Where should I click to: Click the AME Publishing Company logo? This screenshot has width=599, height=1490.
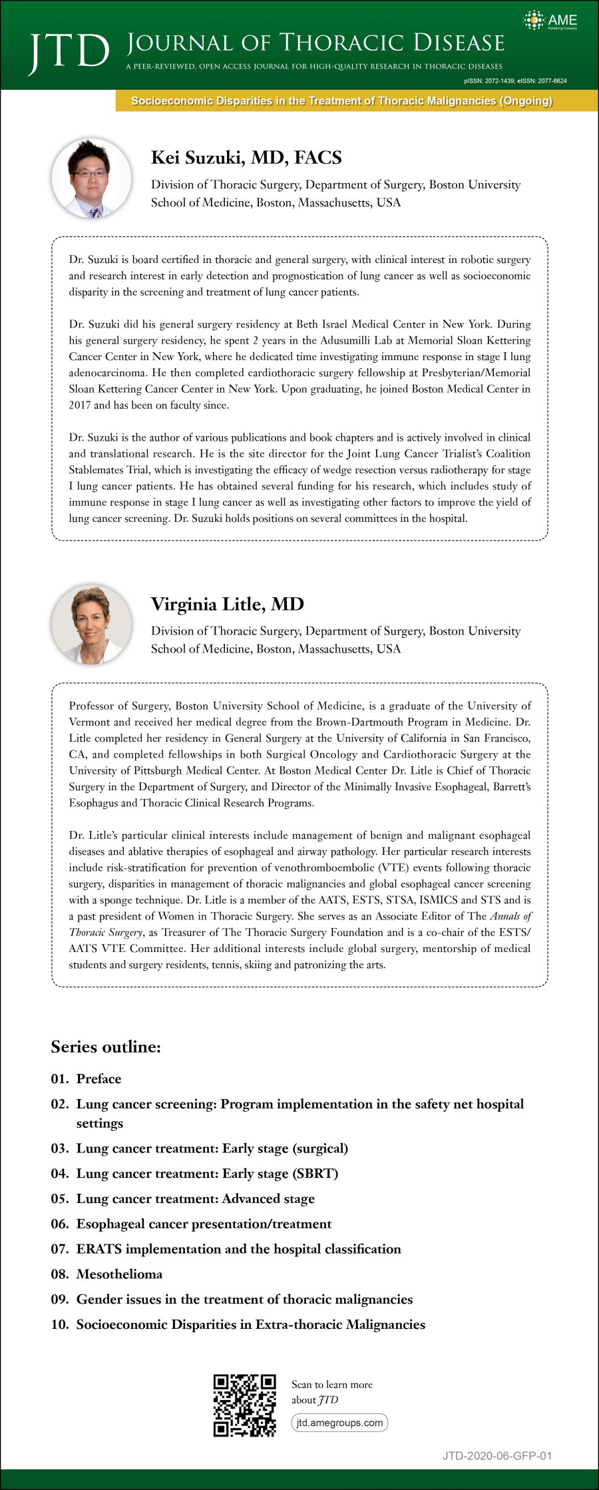point(550,21)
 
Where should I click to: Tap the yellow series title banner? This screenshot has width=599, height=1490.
point(341,101)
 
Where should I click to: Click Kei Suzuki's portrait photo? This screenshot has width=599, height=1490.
point(92,178)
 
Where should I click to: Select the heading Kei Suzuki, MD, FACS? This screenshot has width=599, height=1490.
point(246,158)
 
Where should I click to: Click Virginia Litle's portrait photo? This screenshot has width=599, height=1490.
point(92,624)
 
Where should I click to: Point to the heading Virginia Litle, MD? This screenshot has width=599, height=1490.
point(227,604)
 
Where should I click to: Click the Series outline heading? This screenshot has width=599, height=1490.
point(106,1047)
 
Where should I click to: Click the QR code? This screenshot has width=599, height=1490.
point(244,1405)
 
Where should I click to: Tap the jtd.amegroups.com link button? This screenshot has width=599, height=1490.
point(339,1423)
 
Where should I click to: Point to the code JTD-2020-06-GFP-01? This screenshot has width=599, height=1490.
point(497,1456)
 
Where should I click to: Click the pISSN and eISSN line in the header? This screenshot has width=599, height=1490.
point(515,81)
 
